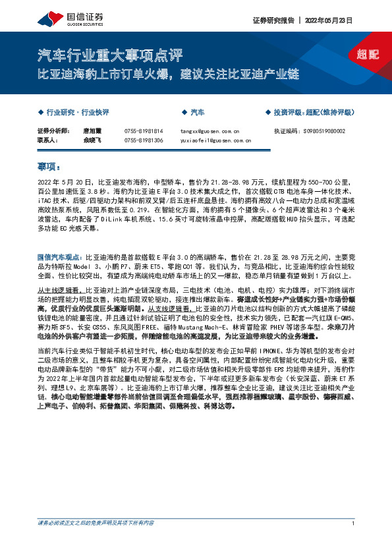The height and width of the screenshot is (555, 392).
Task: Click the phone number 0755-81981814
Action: click(x=143, y=131)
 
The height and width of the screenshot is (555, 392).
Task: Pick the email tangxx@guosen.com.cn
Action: click(x=209, y=131)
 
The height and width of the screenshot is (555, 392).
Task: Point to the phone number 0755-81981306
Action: click(x=143, y=140)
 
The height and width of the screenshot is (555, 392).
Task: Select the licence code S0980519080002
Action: click(x=323, y=131)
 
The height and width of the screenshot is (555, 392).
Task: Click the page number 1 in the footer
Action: click(x=354, y=542)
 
